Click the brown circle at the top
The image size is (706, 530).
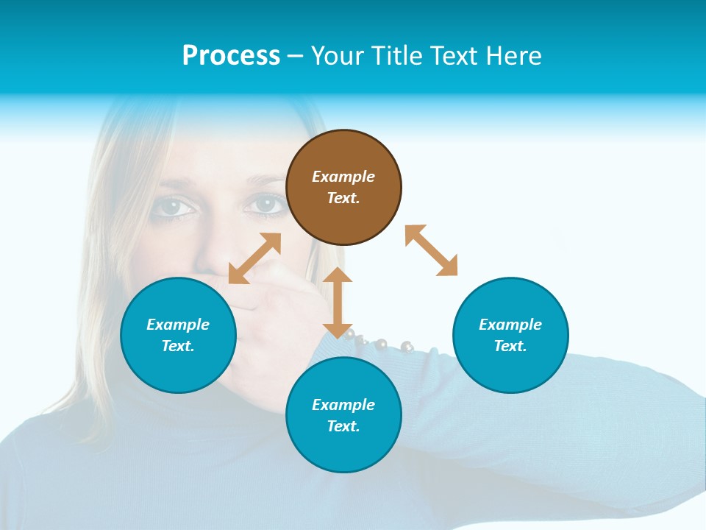tap(343, 187)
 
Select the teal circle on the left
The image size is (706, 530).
tap(178, 335)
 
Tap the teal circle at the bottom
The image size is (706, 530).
tap(343, 415)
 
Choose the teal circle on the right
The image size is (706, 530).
tap(510, 335)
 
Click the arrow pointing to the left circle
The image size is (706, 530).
tap(254, 258)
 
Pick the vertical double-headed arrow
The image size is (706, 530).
tap(338, 303)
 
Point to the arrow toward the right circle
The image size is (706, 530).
tap(431, 250)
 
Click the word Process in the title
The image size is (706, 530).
tap(231, 55)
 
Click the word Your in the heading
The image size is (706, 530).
tap(337, 55)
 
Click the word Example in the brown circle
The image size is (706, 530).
tap(343, 177)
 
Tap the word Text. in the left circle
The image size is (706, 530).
tap(178, 346)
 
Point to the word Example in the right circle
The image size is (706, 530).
tap(510, 325)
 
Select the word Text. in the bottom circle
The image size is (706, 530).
tap(343, 426)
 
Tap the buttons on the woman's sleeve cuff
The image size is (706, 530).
tap(379, 342)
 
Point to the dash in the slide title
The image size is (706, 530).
tap(296, 56)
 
